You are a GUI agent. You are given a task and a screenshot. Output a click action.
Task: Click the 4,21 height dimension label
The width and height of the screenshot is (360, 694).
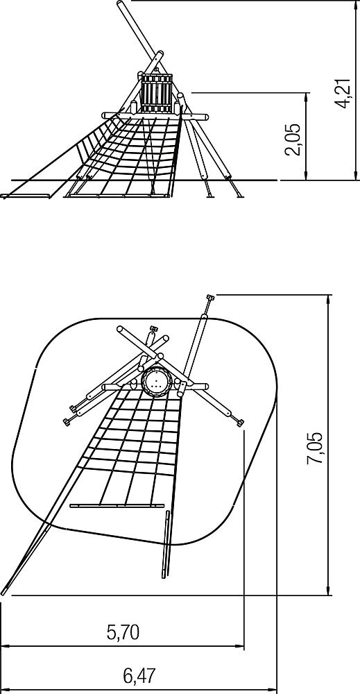(x=343, y=94)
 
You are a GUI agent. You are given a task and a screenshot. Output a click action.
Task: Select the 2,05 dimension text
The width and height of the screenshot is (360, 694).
(x=292, y=139)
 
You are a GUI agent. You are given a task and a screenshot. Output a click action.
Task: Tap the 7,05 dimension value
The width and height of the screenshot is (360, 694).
(x=314, y=448)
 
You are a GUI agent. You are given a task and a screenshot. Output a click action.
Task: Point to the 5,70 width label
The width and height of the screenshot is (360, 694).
(x=123, y=633)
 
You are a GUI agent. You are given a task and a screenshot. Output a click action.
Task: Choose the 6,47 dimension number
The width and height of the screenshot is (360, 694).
(x=139, y=676)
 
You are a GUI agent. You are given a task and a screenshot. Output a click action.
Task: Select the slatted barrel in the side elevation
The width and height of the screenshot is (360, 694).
(x=157, y=93)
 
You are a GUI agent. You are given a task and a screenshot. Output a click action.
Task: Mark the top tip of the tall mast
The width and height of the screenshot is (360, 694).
(x=120, y=3)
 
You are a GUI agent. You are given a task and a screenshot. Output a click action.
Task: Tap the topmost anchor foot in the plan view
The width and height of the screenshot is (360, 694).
(x=209, y=298)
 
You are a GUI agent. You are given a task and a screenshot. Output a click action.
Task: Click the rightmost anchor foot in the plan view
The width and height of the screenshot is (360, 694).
(x=240, y=423)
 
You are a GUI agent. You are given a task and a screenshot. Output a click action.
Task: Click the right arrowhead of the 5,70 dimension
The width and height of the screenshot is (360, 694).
(x=239, y=647)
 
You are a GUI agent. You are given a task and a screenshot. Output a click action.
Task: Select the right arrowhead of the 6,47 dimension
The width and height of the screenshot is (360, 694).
(x=272, y=690)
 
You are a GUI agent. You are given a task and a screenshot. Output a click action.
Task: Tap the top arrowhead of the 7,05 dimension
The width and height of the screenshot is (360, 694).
(x=327, y=299)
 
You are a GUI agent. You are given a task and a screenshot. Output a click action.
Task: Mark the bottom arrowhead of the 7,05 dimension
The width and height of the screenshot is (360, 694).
(x=327, y=591)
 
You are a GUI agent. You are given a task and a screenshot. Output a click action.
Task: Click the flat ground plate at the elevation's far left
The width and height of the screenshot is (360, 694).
(x=25, y=196)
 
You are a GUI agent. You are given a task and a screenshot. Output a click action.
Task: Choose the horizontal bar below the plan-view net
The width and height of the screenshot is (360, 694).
(x=117, y=505)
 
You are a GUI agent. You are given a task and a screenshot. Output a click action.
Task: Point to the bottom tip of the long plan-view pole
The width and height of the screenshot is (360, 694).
(x=3, y=593)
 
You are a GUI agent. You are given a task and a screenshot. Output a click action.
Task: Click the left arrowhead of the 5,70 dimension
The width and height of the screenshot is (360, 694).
(x=6, y=647)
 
